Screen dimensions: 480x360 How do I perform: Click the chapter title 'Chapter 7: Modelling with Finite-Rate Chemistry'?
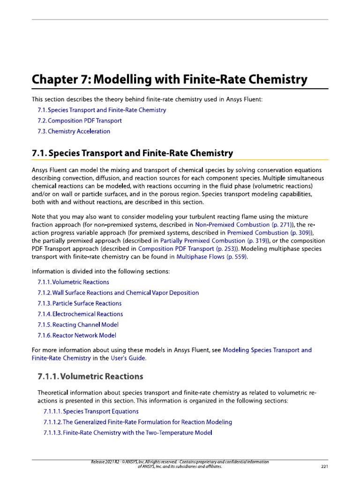(170, 80)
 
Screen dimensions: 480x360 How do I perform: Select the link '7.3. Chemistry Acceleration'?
(74, 131)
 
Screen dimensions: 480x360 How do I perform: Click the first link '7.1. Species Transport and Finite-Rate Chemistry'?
(102, 110)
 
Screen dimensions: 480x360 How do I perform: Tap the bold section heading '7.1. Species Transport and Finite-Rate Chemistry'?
(132, 153)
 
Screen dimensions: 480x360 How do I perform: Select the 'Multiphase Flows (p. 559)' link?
(211, 257)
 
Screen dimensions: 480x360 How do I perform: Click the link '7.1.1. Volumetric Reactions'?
(73, 282)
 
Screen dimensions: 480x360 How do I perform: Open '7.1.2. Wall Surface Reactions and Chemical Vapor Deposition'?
(118, 293)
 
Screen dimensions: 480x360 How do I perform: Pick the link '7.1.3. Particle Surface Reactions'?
(79, 303)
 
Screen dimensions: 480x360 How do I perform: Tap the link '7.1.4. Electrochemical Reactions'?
(80, 314)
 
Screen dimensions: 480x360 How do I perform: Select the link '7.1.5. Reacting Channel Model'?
(78, 324)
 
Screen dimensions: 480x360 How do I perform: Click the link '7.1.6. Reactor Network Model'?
(77, 335)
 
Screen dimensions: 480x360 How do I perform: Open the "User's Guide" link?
(128, 358)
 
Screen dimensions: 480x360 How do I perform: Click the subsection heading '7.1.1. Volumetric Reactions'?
(90, 376)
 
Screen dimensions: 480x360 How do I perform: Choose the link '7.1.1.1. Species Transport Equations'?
(91, 412)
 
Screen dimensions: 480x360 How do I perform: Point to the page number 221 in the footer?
(324, 467)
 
